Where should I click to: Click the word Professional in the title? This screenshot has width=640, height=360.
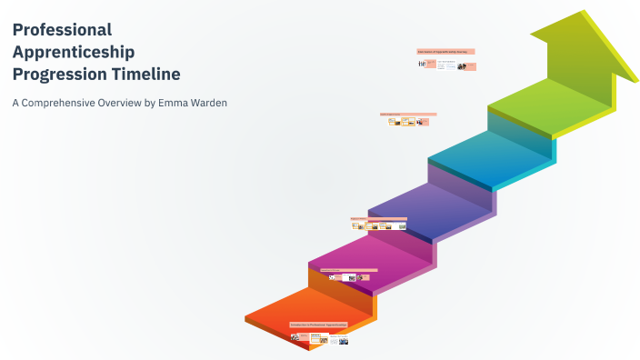pyautogui.click(x=63, y=30)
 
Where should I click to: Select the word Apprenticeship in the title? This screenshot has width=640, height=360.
pyautogui.click(x=74, y=52)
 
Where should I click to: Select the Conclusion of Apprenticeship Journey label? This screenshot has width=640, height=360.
pyautogui.click(x=445, y=52)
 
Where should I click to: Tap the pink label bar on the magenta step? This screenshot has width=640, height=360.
pyautogui.click(x=348, y=270)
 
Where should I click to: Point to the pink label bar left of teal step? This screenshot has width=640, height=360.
pyautogui.click(x=408, y=115)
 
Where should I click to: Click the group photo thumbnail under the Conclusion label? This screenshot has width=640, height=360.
pyautogui.click(x=462, y=65)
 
